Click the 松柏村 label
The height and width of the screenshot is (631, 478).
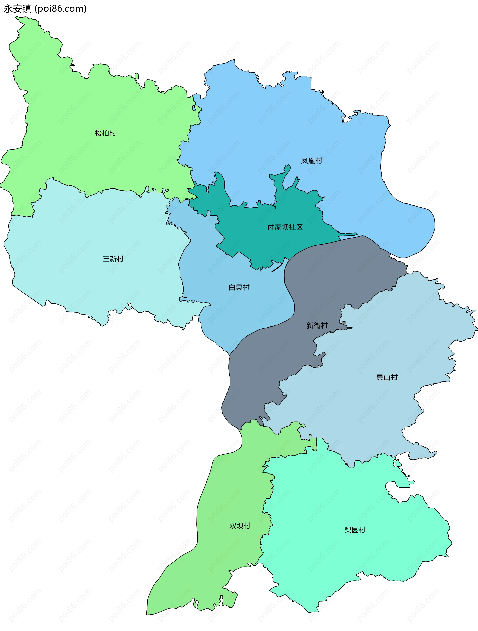tap(105, 133)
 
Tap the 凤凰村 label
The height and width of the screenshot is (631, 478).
tap(311, 161)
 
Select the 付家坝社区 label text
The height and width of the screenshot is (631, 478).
tap(285, 227)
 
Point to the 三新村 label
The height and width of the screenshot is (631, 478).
tap(113, 259)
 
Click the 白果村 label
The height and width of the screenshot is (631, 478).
tap(239, 288)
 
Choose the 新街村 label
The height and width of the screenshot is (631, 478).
tap(317, 325)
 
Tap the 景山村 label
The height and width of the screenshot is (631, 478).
tap(387, 378)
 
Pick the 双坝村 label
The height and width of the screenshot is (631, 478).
tap(239, 526)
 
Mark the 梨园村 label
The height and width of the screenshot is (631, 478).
tap(355, 530)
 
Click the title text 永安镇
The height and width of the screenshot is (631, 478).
tap(17, 9)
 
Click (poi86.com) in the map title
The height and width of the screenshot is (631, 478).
tap(60, 9)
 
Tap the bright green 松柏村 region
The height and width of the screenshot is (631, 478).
tap(86, 108)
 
